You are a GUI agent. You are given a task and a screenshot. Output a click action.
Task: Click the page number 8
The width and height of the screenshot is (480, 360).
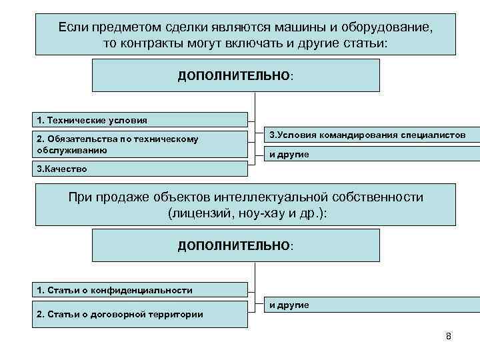448,335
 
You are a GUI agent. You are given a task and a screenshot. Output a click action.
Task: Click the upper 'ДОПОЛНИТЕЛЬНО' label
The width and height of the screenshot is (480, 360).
234,75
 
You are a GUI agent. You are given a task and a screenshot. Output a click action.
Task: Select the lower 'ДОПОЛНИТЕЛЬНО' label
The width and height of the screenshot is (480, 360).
234,246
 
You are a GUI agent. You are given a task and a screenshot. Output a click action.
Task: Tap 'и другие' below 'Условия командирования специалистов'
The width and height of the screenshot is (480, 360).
289,155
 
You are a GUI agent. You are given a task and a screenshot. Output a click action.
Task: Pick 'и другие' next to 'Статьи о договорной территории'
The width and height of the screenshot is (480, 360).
289,305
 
